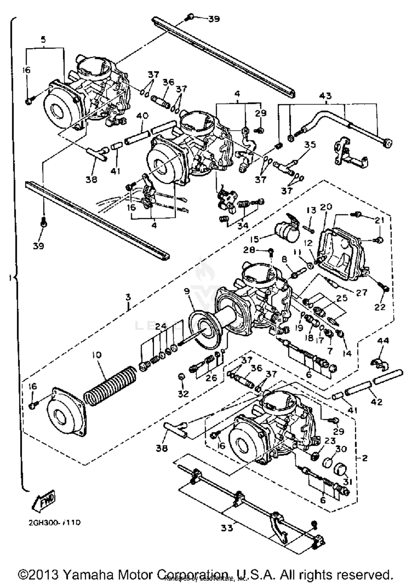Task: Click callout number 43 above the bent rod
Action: (x=325, y=96)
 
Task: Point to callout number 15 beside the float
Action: (x=255, y=239)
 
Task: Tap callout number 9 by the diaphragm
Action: (x=187, y=291)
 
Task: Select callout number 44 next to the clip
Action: (x=383, y=341)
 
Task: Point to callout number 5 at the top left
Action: (x=43, y=40)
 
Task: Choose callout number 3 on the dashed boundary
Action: (x=128, y=297)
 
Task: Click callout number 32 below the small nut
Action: (x=183, y=394)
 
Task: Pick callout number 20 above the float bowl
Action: (x=326, y=207)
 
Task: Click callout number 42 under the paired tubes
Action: (x=376, y=402)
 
